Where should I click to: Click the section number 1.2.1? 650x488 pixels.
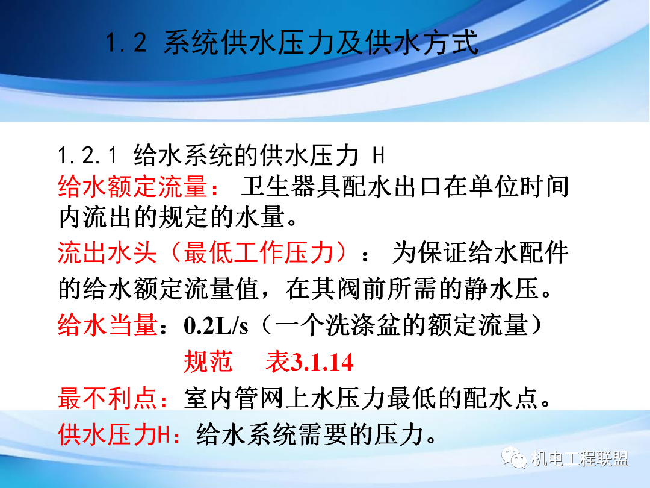87,156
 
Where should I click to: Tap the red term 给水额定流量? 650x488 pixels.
133,187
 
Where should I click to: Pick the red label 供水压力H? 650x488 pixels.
115,434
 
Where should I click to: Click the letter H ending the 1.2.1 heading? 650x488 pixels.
377,156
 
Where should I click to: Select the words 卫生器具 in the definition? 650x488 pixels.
289,187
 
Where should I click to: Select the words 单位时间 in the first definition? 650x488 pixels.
518,187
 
